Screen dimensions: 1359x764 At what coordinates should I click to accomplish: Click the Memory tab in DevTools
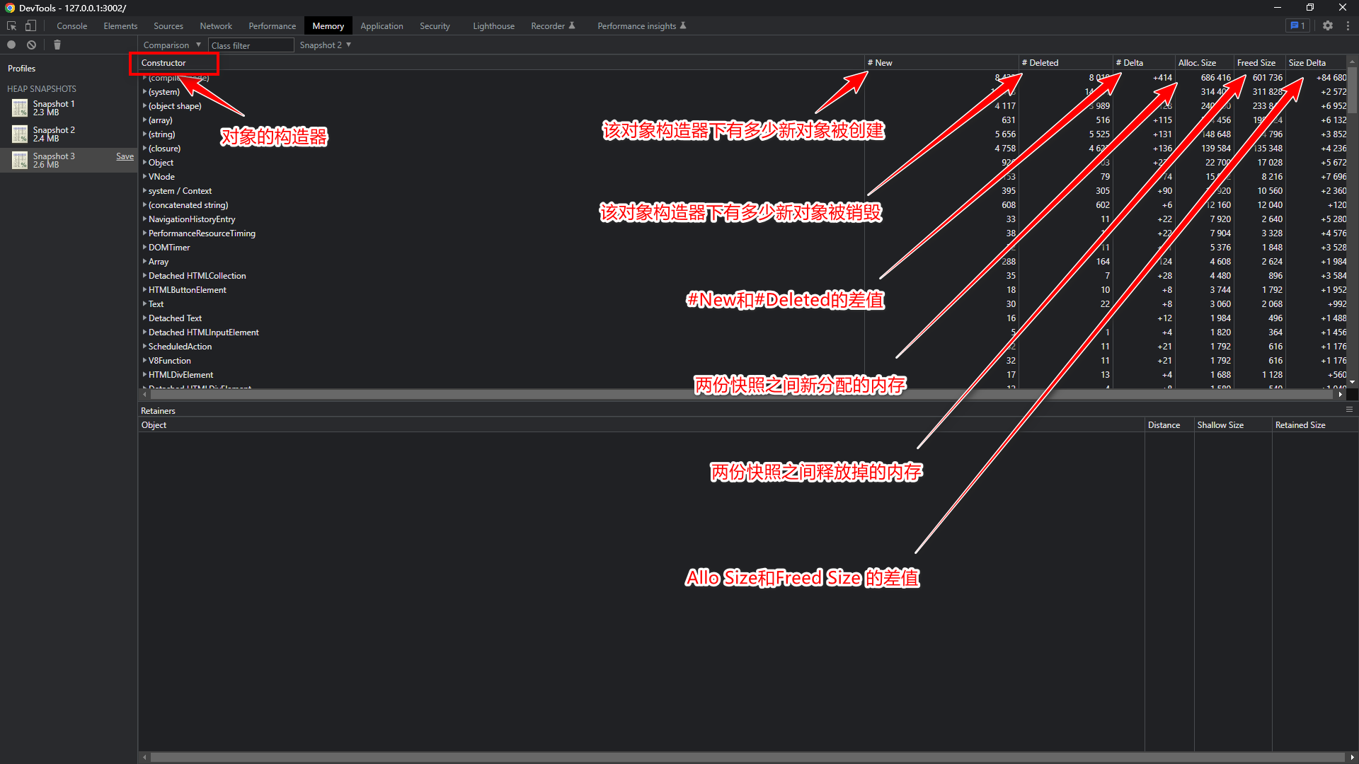coord(328,26)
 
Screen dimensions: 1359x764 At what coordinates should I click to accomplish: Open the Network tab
coord(216,26)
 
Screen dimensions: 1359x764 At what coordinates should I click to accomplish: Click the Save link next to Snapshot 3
coord(125,156)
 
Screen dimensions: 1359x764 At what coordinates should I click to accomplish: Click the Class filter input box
coord(251,45)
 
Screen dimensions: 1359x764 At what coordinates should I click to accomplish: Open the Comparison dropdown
coord(172,45)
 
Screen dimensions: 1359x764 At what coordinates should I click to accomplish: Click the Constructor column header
coord(164,63)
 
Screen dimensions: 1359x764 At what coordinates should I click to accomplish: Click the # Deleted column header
coord(1040,63)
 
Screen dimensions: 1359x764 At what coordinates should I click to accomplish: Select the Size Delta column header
coord(1307,63)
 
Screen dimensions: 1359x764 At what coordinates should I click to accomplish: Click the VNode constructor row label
coord(161,177)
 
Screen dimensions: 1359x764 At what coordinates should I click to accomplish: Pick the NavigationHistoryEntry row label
coord(192,219)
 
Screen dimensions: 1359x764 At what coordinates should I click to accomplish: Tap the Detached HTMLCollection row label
coord(197,276)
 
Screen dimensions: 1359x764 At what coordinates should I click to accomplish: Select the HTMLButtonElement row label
coord(188,290)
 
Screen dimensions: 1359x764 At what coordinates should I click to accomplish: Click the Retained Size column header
coord(1300,425)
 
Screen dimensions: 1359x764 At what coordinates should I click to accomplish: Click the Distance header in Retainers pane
coord(1164,425)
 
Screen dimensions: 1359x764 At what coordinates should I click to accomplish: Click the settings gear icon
coord(1328,25)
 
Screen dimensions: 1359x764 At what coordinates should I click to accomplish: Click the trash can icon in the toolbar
coord(57,45)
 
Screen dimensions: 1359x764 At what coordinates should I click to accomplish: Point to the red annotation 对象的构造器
coord(274,137)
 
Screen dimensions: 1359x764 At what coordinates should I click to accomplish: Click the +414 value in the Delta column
coord(1162,78)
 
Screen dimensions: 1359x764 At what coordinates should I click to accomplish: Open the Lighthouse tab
coord(493,26)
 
